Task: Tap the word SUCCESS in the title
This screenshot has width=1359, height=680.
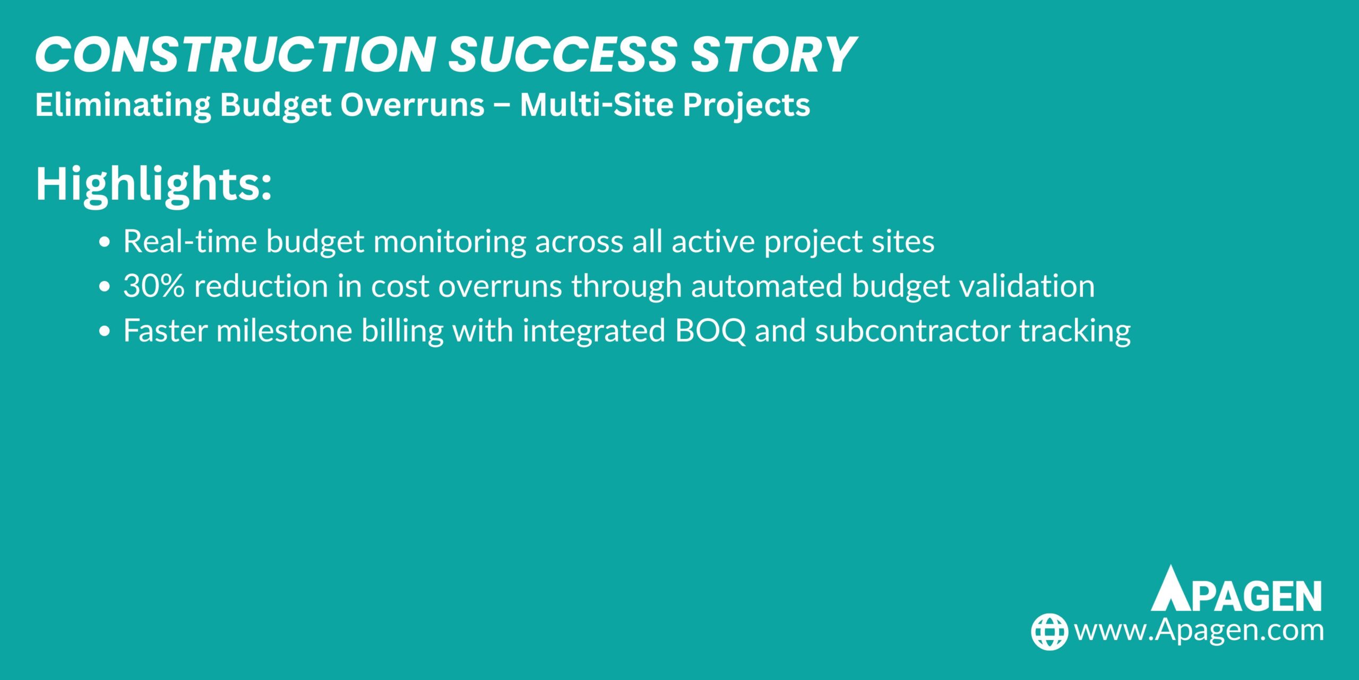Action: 563,55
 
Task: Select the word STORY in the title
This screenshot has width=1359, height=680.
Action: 773,55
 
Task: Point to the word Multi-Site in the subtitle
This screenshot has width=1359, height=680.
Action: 597,105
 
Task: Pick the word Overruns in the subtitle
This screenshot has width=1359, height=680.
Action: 412,105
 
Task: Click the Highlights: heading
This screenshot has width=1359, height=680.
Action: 153,184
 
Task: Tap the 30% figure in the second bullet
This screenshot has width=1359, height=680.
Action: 154,286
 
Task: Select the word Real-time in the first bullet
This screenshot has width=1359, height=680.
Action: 190,242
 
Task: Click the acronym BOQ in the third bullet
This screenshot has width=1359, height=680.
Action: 710,331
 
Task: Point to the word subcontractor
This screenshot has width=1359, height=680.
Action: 912,331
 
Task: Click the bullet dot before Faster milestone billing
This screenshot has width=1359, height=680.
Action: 105,331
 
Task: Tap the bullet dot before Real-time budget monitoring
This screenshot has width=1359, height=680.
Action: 105,242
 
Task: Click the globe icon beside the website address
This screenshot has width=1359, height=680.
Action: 1049,632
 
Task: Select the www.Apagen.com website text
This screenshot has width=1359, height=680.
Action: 1199,631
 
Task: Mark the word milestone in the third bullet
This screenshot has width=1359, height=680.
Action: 284,331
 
